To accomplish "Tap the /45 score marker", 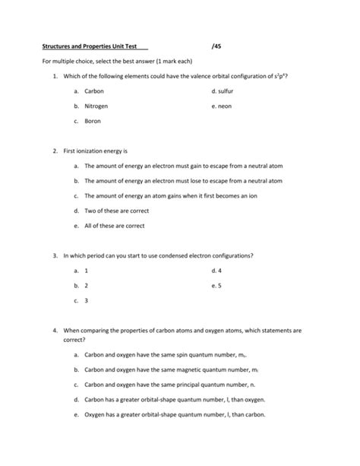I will click(218, 46).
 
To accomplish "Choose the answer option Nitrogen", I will click(97, 106).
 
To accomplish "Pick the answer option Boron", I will click(93, 121).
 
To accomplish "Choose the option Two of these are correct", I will click(116, 211).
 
